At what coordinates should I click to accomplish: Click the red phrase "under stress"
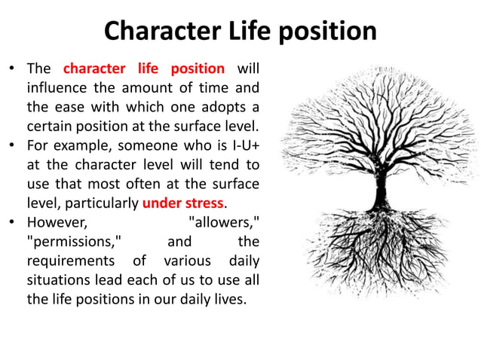coord(183,203)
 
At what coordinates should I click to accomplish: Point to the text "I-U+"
coord(244,145)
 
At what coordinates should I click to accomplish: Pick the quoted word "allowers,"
coord(224,222)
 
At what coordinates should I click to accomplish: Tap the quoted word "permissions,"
coord(75,242)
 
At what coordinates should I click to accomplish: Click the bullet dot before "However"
coord(12,223)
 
